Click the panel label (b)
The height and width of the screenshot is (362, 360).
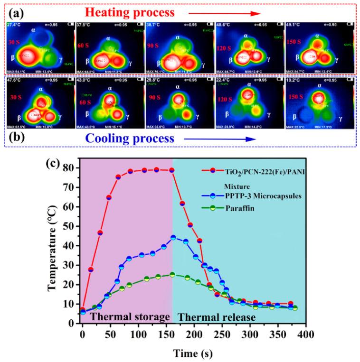click(x=14, y=139)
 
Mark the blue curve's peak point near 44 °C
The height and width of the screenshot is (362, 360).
click(x=173, y=238)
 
